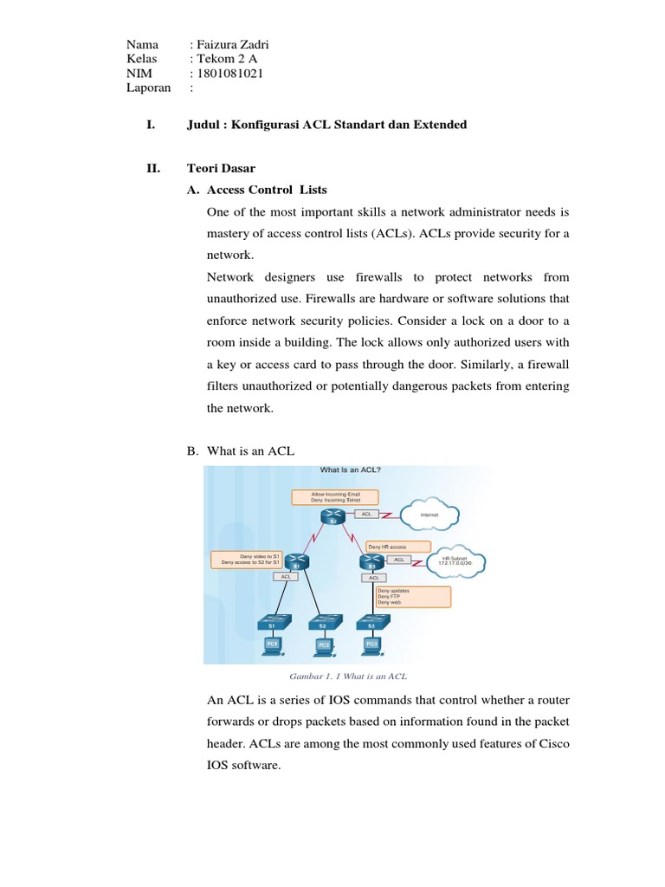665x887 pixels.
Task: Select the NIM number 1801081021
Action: [230, 74]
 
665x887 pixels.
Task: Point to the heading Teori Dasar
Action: [222, 168]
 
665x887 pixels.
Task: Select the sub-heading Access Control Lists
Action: [267, 190]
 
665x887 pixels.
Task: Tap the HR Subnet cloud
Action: [455, 560]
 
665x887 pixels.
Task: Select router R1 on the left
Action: [296, 561]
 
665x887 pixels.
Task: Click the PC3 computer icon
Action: [371, 644]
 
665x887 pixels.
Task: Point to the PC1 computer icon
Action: [272, 644]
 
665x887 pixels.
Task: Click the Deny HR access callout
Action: [397, 547]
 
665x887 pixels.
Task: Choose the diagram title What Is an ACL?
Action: [350, 470]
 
